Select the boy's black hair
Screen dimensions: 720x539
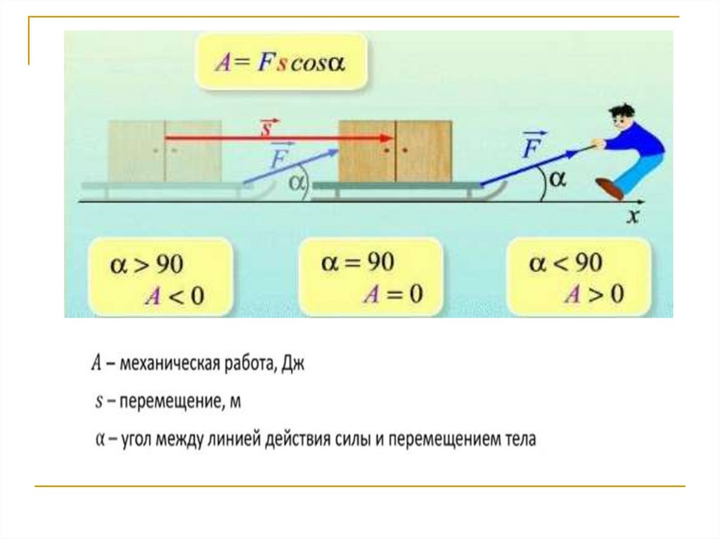coord(622,112)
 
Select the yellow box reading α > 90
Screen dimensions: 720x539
coord(161,278)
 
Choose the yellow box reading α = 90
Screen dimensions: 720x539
coord(371,278)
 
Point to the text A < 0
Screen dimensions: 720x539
coord(174,296)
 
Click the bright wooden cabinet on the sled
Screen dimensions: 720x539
coord(395,151)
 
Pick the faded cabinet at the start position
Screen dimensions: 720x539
coord(165,151)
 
